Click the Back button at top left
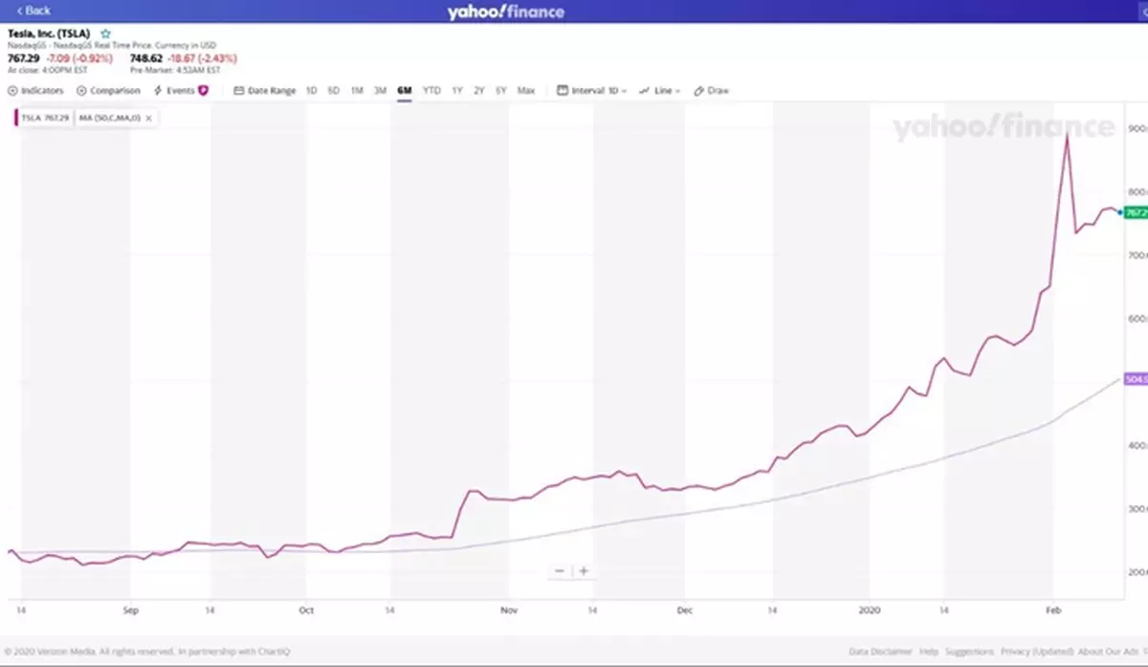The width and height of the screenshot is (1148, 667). click(x=33, y=11)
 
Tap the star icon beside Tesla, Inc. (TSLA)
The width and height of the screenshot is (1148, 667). click(x=106, y=33)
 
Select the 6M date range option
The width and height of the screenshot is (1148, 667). click(x=404, y=91)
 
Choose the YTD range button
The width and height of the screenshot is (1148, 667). click(x=431, y=91)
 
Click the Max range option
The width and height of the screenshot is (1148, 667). click(x=526, y=91)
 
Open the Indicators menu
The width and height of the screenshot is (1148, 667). click(x=36, y=91)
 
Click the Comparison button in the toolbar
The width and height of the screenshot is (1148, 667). click(x=109, y=91)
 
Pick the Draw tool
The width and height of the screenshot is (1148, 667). click(x=712, y=91)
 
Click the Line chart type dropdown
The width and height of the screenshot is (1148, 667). click(x=660, y=91)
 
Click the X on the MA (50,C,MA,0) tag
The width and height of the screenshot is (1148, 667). click(x=148, y=118)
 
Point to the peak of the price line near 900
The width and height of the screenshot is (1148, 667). click(x=1067, y=136)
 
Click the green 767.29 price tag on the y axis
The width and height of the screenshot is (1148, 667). click(x=1136, y=212)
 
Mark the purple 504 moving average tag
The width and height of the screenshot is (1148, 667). click(x=1136, y=380)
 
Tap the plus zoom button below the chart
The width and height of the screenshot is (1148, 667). click(x=584, y=571)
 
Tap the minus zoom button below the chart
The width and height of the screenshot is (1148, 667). click(x=560, y=571)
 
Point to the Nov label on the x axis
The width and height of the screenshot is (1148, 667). click(x=509, y=610)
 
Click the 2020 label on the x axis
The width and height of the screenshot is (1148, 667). click(x=869, y=610)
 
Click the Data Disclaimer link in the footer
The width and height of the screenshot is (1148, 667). click(x=880, y=652)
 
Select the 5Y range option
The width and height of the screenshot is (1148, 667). click(x=501, y=91)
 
